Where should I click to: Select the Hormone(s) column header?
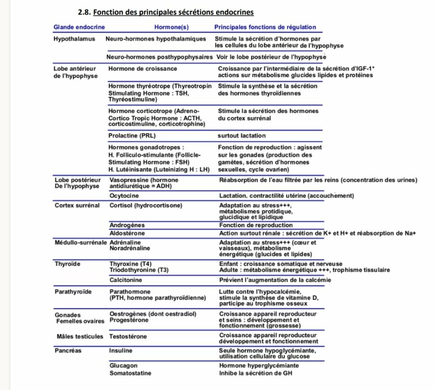172,27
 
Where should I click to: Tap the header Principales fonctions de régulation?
265,27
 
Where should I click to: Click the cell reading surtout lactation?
242,136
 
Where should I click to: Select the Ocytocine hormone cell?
124,196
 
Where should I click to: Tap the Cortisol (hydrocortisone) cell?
146,205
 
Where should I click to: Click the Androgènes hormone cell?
127,225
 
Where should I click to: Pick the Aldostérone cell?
127,233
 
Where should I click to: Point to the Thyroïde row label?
68,264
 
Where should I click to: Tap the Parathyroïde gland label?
73,292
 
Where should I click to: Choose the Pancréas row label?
68,350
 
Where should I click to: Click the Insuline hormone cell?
121,350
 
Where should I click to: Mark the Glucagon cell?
124,366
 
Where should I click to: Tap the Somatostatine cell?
130,373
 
